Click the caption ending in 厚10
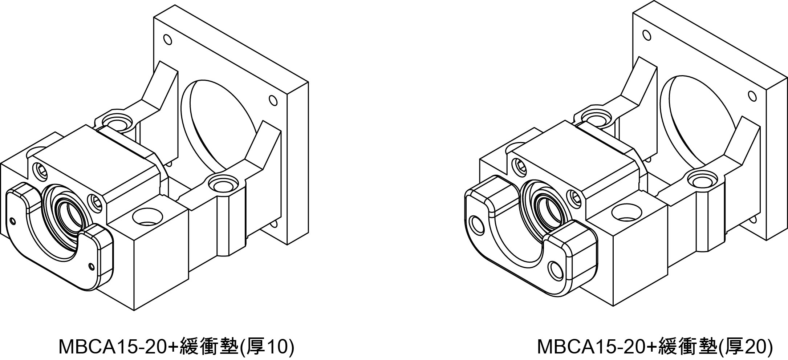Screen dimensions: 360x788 coord(176,347)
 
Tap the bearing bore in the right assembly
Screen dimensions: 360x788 coord(548,207)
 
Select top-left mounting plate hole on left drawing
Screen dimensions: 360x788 coord(167,39)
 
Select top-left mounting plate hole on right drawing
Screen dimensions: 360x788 coord(646,35)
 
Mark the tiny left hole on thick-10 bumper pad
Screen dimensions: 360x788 coord(14,221)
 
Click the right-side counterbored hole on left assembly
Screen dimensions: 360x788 coord(221,185)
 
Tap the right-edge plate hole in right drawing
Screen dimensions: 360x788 coord(751,96)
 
